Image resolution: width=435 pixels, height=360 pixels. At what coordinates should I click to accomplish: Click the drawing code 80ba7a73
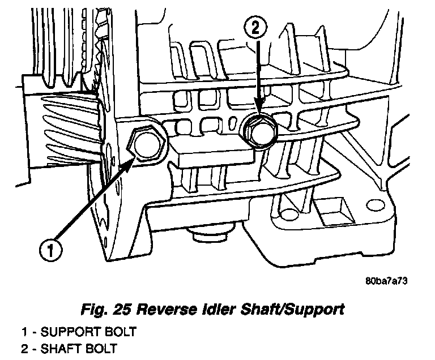click(386, 280)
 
